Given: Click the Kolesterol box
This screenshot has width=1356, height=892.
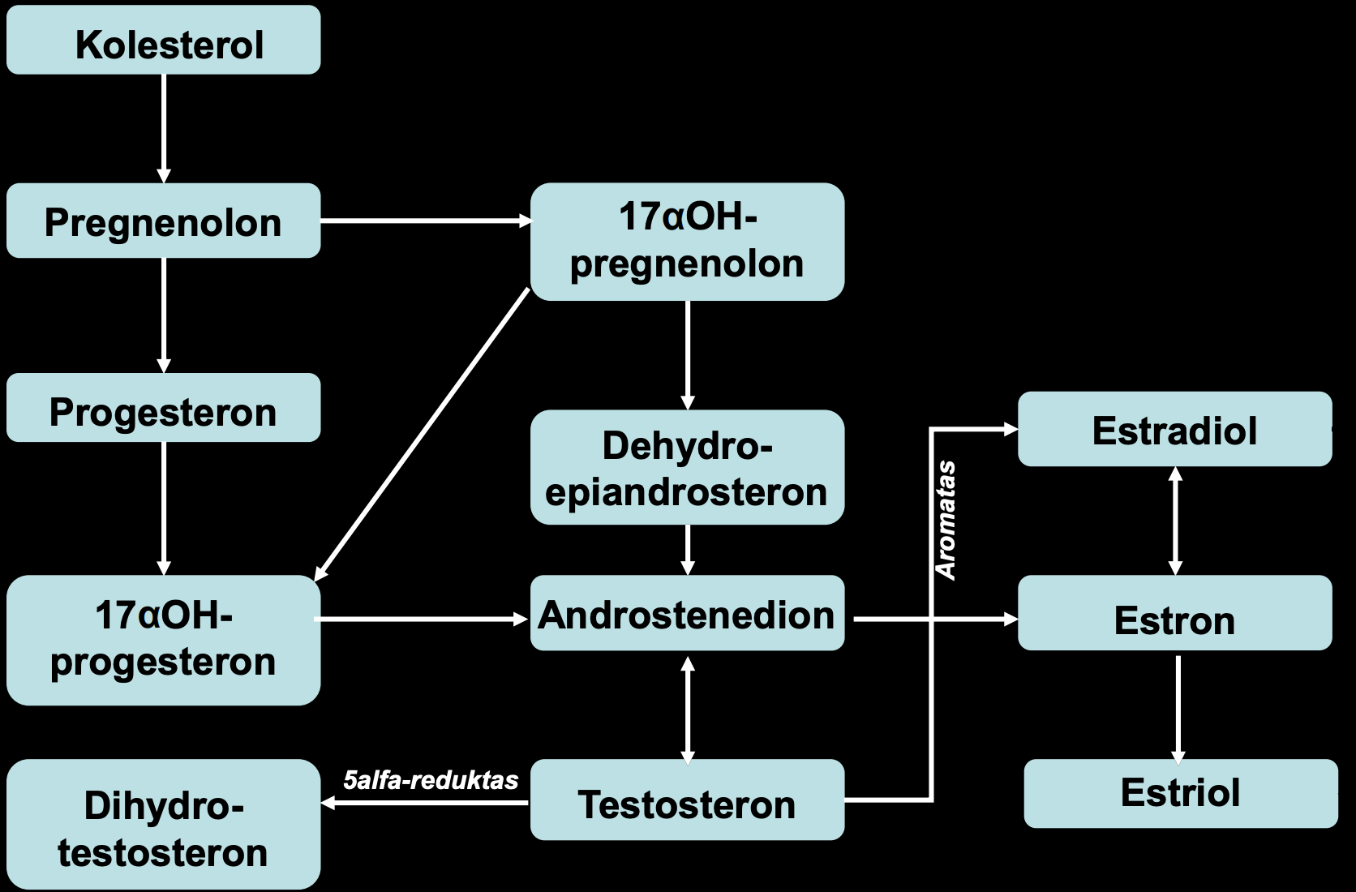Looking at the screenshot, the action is click(x=164, y=40).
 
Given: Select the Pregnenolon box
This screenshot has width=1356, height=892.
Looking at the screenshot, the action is click(x=164, y=221).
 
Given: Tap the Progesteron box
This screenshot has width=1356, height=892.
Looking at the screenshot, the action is click(x=164, y=407).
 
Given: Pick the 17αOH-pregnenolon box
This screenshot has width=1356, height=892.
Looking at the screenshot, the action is click(x=687, y=242).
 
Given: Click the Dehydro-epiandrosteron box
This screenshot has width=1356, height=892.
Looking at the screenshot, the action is click(x=687, y=467).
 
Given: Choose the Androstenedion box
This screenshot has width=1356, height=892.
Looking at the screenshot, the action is click(x=687, y=613).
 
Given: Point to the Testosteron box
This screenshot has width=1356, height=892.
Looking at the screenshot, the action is click(x=687, y=800).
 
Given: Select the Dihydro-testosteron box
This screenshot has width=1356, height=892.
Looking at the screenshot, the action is click(x=164, y=824).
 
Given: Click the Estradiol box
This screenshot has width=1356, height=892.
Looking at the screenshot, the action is click(x=1175, y=428).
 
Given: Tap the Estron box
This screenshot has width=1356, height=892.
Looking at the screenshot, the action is click(x=1175, y=613).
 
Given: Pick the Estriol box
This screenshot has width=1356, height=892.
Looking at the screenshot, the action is click(x=1181, y=793).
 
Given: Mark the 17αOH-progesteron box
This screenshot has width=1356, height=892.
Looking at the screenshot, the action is click(x=164, y=640).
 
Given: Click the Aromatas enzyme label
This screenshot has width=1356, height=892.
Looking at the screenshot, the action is click(x=946, y=521).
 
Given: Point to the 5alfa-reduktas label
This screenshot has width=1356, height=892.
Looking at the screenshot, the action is click(x=431, y=781).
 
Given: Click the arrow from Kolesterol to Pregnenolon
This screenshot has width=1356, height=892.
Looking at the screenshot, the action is click(x=164, y=129).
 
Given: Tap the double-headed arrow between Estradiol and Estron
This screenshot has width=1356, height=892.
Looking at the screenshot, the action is click(x=1175, y=521).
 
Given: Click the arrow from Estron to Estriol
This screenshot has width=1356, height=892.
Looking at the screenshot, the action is click(x=1178, y=710).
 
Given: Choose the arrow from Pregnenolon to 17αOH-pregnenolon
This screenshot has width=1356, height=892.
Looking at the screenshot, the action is click(x=426, y=221).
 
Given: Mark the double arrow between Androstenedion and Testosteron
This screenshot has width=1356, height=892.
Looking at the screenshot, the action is click(x=688, y=710).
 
